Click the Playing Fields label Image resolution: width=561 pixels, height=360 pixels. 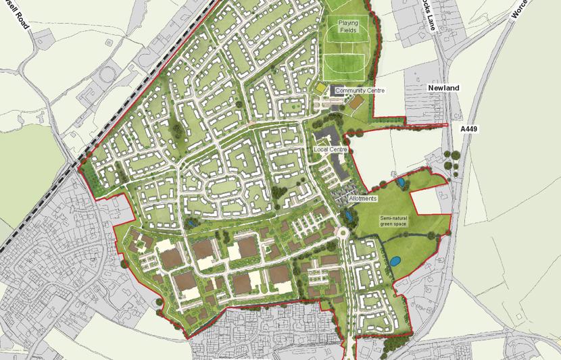pos(348,26)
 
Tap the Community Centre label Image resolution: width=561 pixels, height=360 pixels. pos(360,91)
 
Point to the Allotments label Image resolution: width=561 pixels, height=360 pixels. pos(363,199)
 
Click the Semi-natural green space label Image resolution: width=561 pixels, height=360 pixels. pos(396,222)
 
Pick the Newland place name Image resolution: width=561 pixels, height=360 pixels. pos(443,88)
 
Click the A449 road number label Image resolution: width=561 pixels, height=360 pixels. pos(469,128)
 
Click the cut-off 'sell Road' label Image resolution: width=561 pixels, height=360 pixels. pos(18,14)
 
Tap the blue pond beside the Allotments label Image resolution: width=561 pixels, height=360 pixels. pos(348,215)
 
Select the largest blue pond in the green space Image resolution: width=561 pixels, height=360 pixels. pos(393,259)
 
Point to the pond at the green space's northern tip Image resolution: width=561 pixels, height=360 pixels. pos(401,182)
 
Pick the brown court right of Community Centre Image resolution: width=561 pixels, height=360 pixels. pos(356,101)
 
